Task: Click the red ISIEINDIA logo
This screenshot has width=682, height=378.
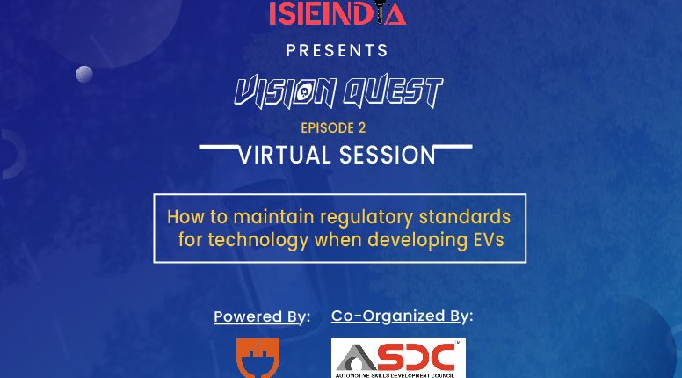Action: tap(337, 12)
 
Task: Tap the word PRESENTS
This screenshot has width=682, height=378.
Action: tap(337, 50)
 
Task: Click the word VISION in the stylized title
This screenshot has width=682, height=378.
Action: tap(286, 92)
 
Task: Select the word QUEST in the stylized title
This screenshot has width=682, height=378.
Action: tap(393, 91)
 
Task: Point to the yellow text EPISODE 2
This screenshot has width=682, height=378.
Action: tap(333, 127)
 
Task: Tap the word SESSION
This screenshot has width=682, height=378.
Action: tap(387, 156)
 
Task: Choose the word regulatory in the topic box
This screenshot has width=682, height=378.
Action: tap(366, 217)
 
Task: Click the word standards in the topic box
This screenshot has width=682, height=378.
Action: tap(465, 216)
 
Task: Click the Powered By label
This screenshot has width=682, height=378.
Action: tap(262, 316)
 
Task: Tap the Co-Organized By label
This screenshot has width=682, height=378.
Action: tap(402, 316)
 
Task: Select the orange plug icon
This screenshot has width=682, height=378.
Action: tap(258, 358)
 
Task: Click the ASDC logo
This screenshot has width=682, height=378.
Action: tap(398, 358)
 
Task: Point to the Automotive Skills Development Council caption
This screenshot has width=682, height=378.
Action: tap(395, 375)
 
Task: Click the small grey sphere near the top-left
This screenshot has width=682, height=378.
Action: tap(84, 75)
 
